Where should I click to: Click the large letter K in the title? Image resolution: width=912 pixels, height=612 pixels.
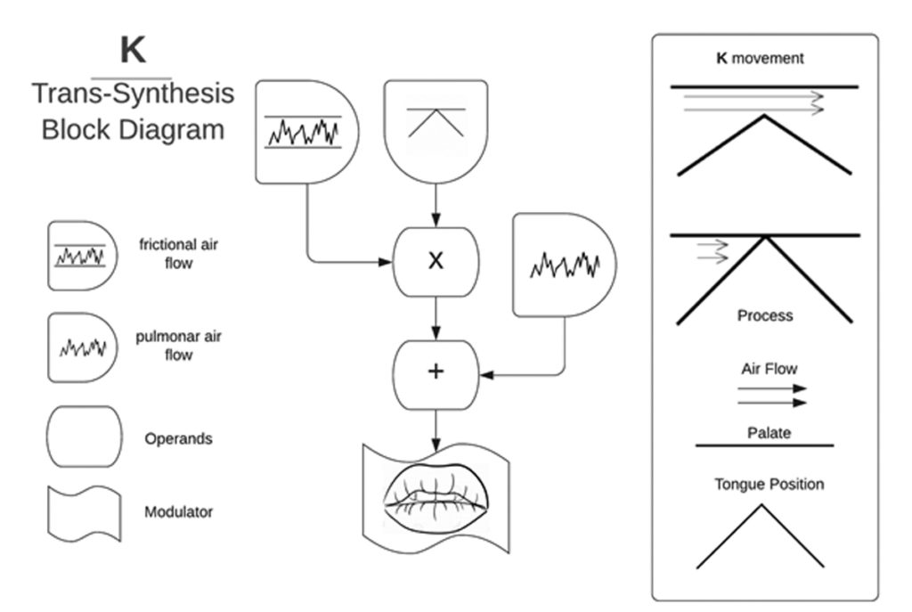coord(133,51)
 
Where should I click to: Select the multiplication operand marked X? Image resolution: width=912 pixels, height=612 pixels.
coord(436,260)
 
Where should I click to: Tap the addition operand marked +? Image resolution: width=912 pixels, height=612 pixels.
coord(436,371)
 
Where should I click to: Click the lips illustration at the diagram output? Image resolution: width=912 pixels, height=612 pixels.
coord(436,494)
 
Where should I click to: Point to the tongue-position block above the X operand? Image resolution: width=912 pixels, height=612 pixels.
coord(436,129)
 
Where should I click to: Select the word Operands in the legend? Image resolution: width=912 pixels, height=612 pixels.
coord(178,439)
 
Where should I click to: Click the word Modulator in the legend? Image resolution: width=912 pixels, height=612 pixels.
coord(178,511)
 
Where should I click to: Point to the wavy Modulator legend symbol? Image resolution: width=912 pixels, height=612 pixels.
coord(84,512)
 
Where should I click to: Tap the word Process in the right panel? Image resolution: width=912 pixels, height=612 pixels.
coord(764,315)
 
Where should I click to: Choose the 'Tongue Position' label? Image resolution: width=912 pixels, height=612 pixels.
coord(769,485)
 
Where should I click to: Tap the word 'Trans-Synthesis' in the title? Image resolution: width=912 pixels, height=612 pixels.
coord(133,94)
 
